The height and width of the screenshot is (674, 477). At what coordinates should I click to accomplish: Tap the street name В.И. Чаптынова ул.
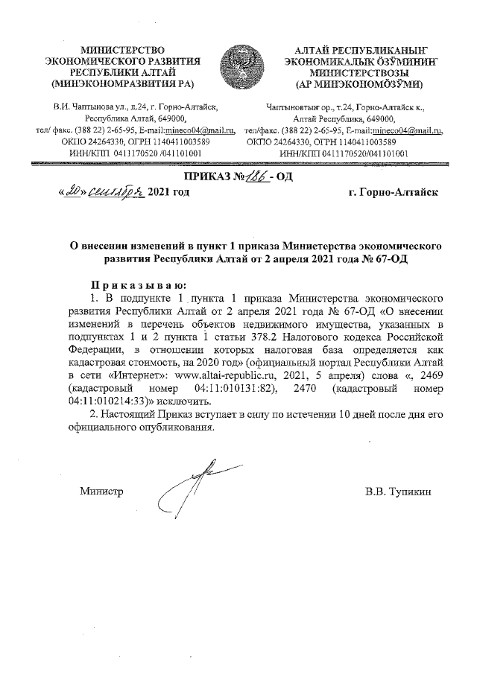pyautogui.click(x=86, y=107)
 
